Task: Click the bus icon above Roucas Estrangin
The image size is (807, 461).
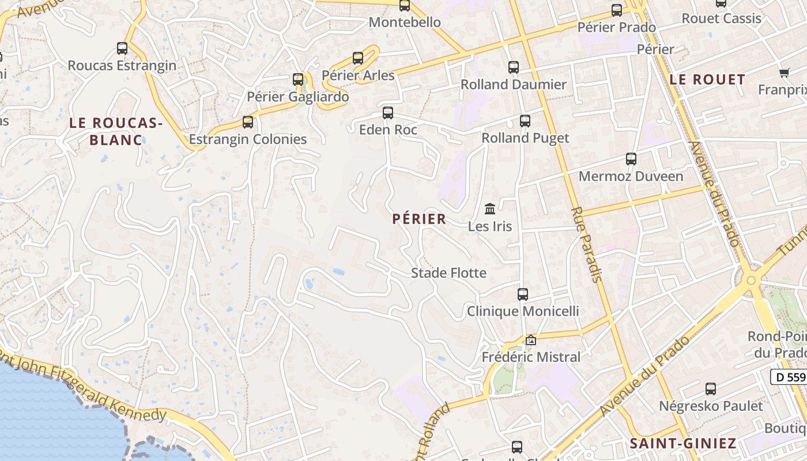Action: [x=122, y=48]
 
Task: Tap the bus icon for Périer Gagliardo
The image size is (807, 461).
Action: [x=298, y=80]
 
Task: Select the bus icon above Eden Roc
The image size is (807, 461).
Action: [x=388, y=112]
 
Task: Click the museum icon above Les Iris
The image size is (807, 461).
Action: [x=490, y=209]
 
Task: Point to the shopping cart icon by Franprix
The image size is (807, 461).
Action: [x=784, y=73]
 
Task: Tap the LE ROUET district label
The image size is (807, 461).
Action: [x=707, y=80]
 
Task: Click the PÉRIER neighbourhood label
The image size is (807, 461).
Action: [x=419, y=219]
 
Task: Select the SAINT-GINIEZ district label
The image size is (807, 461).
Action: [x=683, y=443]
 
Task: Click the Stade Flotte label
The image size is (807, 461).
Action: [x=448, y=273]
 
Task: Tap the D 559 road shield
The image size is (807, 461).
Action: [x=788, y=377]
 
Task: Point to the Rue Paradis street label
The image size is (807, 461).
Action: [x=586, y=244]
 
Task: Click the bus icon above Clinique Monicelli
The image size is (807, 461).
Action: [x=523, y=294]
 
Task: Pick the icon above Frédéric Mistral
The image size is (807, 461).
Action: [x=531, y=341]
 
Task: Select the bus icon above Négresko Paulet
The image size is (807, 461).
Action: [x=711, y=389]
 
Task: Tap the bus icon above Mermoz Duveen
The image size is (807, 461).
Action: [x=631, y=159]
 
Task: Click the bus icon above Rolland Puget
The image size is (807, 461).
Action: [x=525, y=121]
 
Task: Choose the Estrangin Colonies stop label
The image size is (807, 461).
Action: [x=248, y=139]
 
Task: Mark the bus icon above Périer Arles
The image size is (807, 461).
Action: [x=358, y=58]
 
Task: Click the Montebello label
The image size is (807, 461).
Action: [x=405, y=22]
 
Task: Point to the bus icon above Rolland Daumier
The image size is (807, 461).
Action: [x=514, y=67]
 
